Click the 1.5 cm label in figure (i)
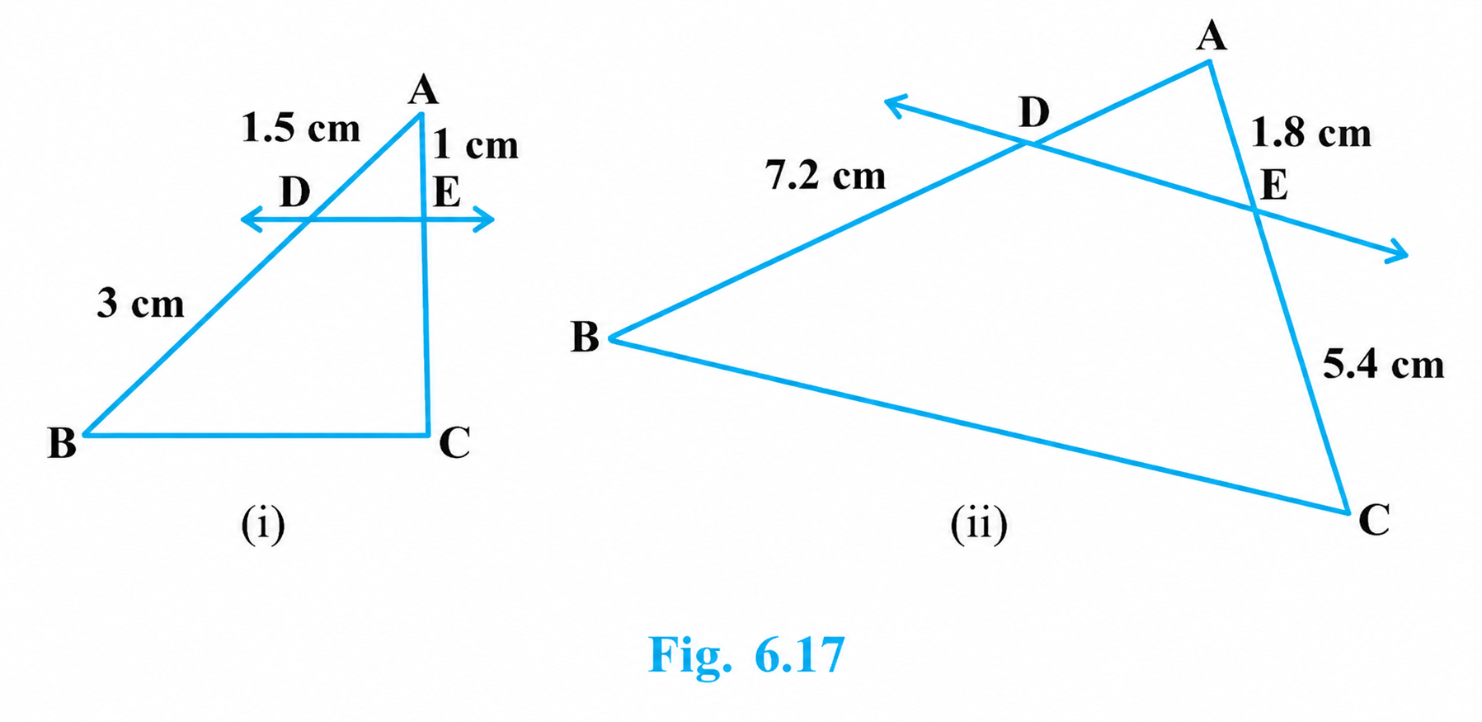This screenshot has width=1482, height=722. pos(301,128)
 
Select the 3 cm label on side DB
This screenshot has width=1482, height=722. pos(140,303)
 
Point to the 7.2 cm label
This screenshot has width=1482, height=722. pos(826,175)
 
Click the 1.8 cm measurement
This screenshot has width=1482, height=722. pos(1311,133)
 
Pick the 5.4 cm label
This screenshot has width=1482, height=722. pos(1384,364)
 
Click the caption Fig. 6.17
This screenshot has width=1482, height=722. pos(746,655)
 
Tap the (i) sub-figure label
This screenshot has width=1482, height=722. pos(263,523)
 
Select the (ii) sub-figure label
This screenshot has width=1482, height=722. pos(979,523)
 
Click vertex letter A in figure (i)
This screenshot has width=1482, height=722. pos(423,90)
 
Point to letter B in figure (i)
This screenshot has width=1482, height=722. pos(62,442)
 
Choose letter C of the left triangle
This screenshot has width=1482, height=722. pos(454,442)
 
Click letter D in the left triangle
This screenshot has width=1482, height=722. pos(294,192)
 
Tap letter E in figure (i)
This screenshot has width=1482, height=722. pos(447,192)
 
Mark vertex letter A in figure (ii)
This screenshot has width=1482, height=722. pos(1211,35)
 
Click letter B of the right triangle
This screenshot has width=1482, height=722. pos(585,337)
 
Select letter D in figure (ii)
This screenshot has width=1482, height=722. pos(1034,111)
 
